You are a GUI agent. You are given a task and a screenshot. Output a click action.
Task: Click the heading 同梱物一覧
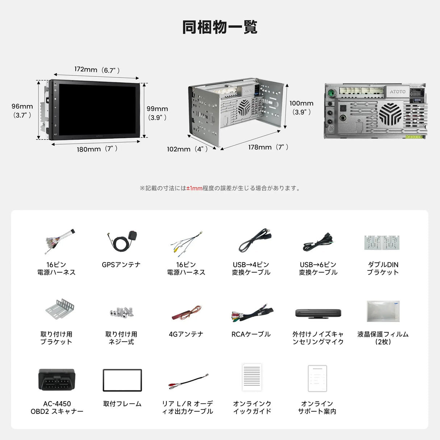(220, 27)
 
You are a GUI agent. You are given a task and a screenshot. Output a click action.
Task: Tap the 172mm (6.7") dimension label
(97, 70)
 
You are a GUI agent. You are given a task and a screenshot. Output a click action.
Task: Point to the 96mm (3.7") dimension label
(22, 111)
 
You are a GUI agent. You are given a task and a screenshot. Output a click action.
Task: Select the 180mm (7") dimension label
(97, 149)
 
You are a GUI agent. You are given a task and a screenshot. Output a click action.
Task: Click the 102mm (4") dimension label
(187, 149)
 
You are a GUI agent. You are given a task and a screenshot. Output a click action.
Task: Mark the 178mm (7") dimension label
(268, 147)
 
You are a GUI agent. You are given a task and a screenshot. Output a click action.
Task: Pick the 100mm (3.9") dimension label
(302, 108)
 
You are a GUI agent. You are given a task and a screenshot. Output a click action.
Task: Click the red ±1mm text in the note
(194, 188)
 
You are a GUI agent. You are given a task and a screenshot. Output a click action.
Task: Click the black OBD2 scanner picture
(57, 379)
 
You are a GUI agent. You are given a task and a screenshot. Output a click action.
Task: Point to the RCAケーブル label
(251, 334)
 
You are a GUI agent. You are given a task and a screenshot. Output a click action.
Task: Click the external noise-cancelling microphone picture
(318, 313)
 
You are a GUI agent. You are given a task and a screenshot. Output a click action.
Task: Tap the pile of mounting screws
(122, 312)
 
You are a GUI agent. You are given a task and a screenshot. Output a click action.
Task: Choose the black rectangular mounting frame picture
(122, 380)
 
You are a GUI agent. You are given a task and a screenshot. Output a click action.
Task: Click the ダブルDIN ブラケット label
(383, 269)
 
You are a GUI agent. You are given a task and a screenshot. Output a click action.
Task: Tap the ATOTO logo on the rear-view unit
(398, 92)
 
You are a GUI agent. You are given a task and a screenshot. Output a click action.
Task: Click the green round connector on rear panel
(331, 93)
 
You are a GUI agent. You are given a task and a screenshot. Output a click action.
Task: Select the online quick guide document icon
(252, 377)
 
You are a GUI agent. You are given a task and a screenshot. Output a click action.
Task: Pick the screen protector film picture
(383, 311)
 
